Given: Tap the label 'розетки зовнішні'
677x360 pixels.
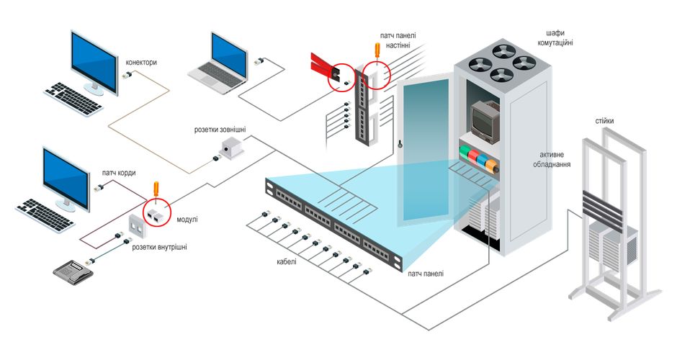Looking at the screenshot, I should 220,130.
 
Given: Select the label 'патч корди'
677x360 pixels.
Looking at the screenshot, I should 119,174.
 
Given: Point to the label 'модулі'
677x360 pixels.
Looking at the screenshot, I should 186,218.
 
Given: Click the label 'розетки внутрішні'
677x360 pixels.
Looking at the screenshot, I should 159,247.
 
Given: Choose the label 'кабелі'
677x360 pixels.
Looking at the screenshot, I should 286,261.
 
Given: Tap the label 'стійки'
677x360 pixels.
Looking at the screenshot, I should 605,121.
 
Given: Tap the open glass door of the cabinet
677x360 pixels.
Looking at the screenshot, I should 424,144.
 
